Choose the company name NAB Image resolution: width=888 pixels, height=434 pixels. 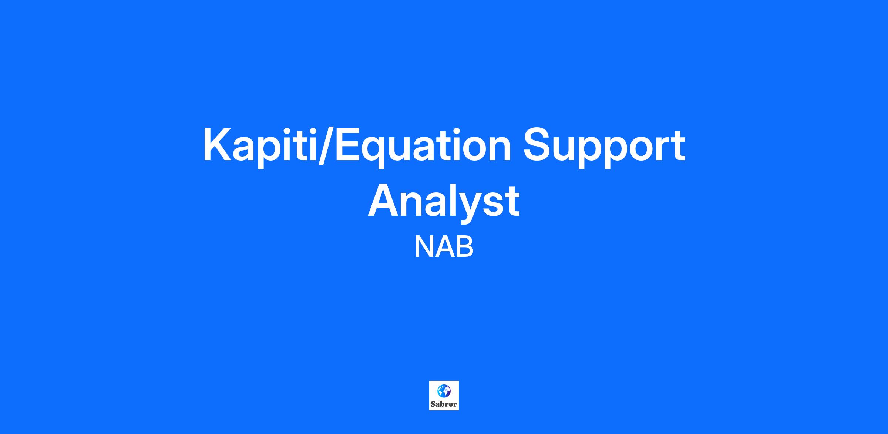444,247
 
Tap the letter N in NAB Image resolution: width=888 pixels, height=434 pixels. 424,247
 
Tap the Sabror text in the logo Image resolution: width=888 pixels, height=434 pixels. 444,404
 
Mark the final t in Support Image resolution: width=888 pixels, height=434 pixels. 678,146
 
